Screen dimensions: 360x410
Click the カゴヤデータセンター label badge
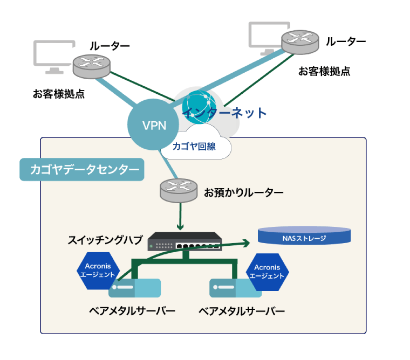[x=81, y=170]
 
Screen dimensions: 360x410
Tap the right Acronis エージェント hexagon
[x=266, y=272]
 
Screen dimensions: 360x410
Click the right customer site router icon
[x=300, y=41]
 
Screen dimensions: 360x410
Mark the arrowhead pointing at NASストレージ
[x=247, y=243]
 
